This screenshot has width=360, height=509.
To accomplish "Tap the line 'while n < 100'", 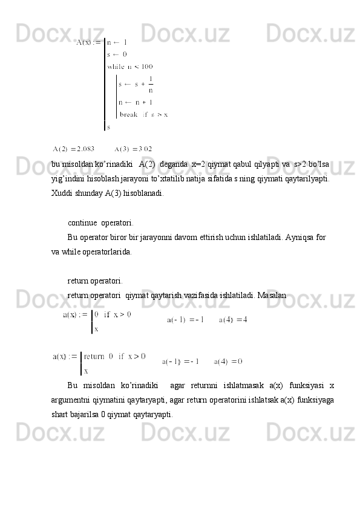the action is [129, 66].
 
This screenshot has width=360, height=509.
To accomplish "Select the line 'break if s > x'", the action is [143, 114].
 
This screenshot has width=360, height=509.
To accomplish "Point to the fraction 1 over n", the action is [150, 84].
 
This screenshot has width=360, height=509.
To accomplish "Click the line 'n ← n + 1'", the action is [136, 102].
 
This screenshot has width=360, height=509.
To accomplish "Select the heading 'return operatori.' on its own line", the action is [94, 280].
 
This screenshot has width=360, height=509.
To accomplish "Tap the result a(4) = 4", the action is [233, 320].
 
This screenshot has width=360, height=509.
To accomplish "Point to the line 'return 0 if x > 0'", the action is [114, 356].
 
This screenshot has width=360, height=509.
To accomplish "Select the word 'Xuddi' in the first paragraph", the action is [62, 193].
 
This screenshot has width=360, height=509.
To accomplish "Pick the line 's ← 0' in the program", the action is [117, 54].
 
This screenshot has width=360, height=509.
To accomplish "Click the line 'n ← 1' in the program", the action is [117, 42].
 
